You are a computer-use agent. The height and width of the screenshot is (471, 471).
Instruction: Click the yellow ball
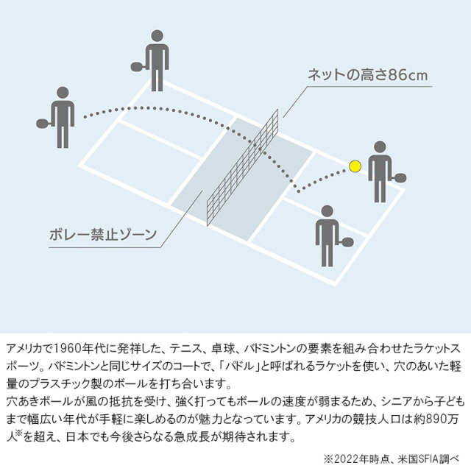(x=355, y=166)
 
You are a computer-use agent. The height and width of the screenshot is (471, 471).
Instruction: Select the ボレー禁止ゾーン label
(x=104, y=235)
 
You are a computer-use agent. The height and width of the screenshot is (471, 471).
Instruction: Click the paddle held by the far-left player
(x=43, y=121)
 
